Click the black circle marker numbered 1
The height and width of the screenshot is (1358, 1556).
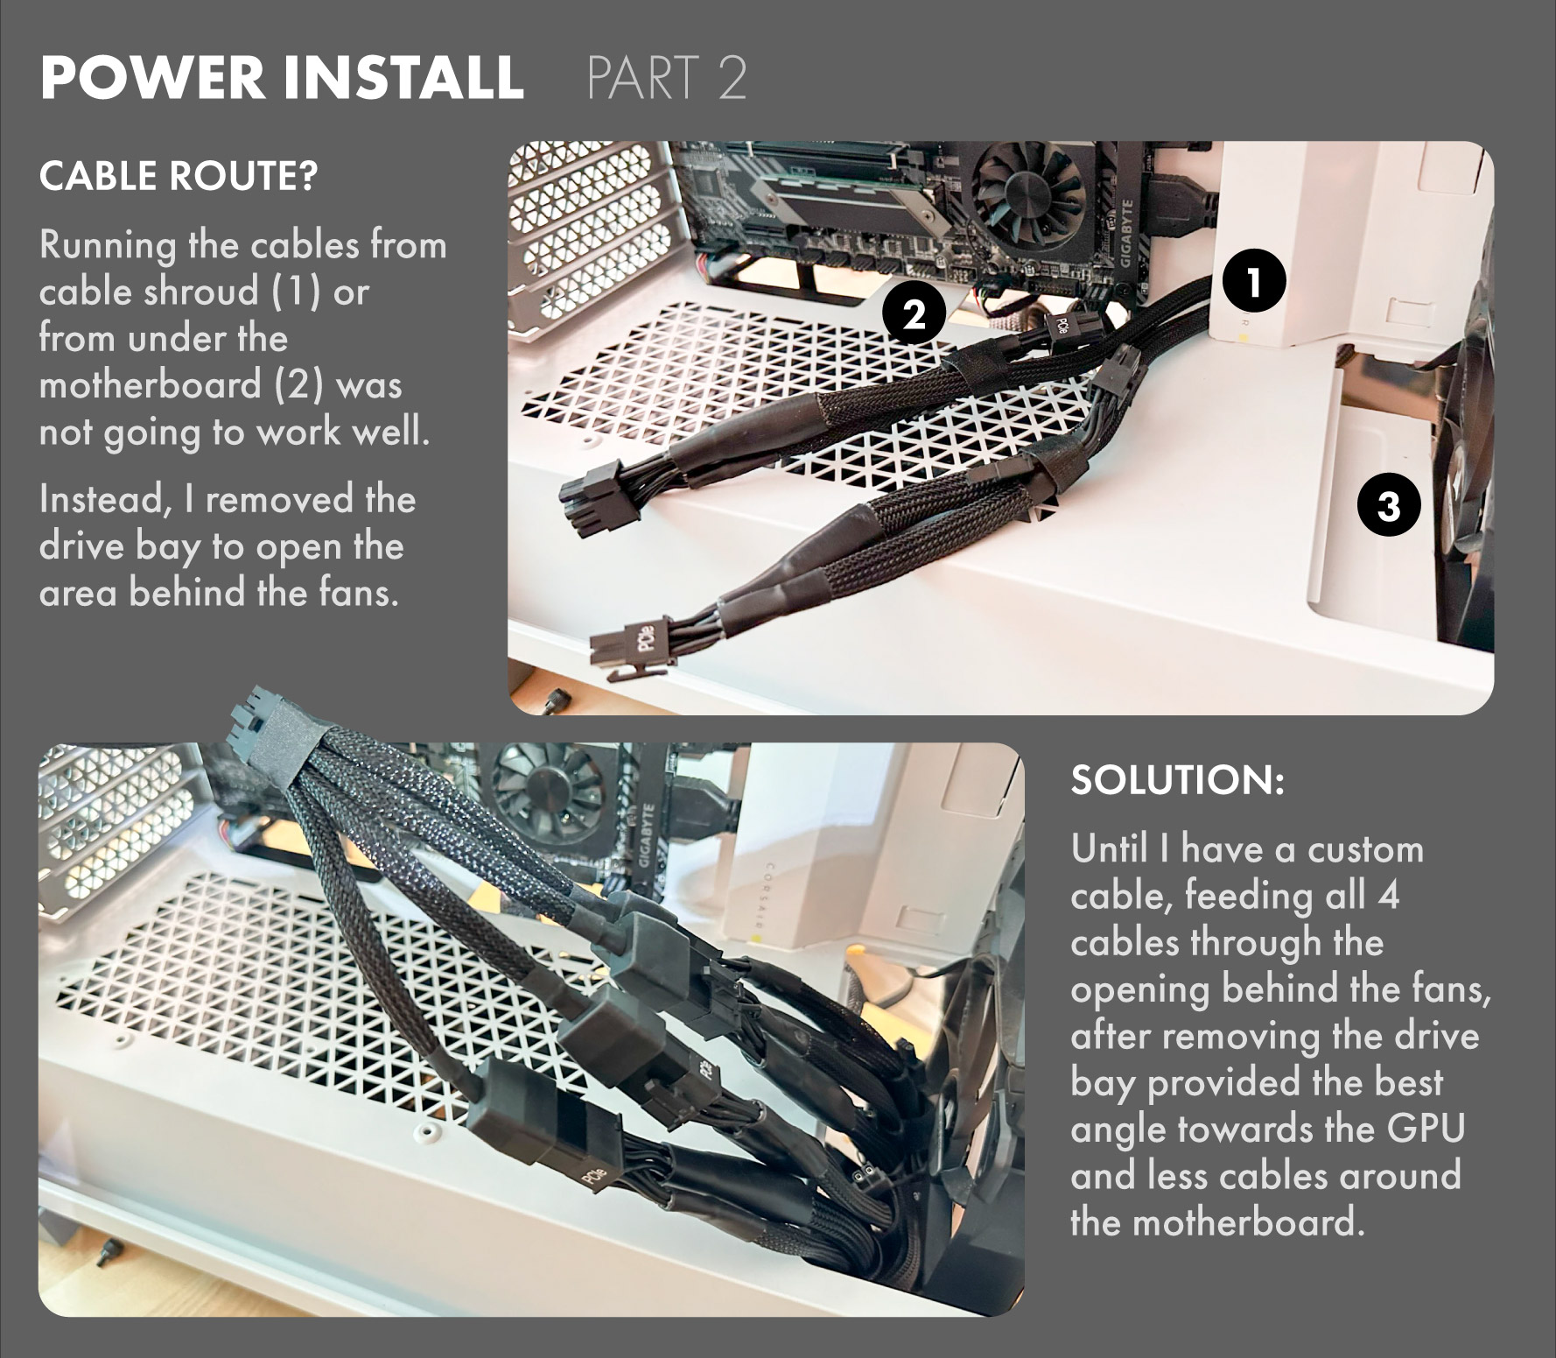coord(1253,281)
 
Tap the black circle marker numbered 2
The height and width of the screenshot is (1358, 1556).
coord(915,313)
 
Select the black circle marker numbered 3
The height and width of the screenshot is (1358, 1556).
coord(1389,505)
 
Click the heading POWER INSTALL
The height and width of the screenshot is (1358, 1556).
coord(282,77)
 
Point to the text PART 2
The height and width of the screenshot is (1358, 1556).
coord(667,77)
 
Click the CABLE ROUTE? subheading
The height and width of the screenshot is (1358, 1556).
coord(179,176)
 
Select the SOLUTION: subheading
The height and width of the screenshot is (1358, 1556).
coord(1177,779)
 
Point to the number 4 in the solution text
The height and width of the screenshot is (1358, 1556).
coord(1388,896)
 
